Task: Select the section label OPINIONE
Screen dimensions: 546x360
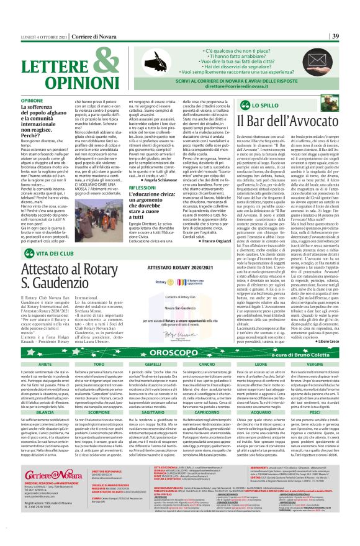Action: pos(32,100)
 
